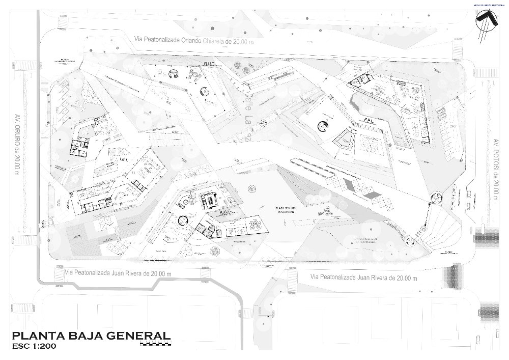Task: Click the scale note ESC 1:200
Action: [x=34, y=347]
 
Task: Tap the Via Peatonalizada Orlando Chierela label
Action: [x=193, y=40]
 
